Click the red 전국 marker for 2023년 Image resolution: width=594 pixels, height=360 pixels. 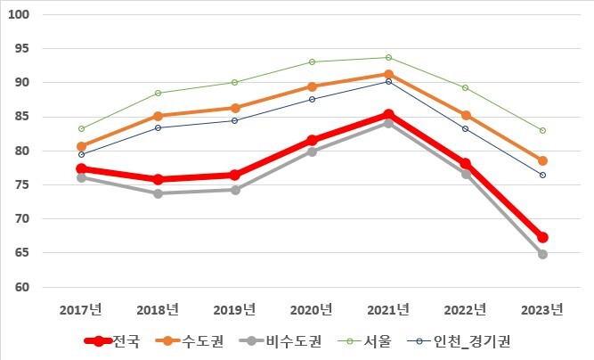click(x=542, y=238)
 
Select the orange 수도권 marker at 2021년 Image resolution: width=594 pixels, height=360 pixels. click(x=388, y=74)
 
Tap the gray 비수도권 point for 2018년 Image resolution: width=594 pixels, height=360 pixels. click(x=158, y=193)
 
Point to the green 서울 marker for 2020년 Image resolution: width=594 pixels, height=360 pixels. click(x=313, y=61)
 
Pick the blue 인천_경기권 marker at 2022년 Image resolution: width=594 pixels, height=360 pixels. click(x=465, y=129)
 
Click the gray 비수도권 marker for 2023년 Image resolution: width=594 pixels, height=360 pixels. click(x=542, y=254)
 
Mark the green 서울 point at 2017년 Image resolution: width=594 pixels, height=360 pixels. click(x=81, y=129)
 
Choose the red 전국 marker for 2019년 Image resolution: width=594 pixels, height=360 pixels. click(x=235, y=175)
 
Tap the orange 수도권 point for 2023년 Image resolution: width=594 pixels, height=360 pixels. click(x=542, y=161)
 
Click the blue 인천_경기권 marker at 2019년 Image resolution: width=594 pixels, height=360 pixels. click(x=235, y=120)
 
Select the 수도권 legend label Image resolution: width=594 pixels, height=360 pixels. click(x=203, y=341)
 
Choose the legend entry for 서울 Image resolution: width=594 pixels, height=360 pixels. click(x=378, y=341)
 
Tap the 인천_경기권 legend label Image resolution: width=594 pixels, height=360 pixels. click(x=472, y=341)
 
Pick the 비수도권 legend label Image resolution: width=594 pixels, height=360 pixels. click(x=294, y=341)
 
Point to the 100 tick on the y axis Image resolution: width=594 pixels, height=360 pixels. click(x=19, y=14)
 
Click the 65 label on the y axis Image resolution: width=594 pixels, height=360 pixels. click(x=22, y=252)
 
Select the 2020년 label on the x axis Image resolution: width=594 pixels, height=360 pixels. click(x=312, y=309)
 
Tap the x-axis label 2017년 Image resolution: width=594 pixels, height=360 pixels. click(x=81, y=309)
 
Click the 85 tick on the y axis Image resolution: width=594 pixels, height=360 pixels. click(x=22, y=117)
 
